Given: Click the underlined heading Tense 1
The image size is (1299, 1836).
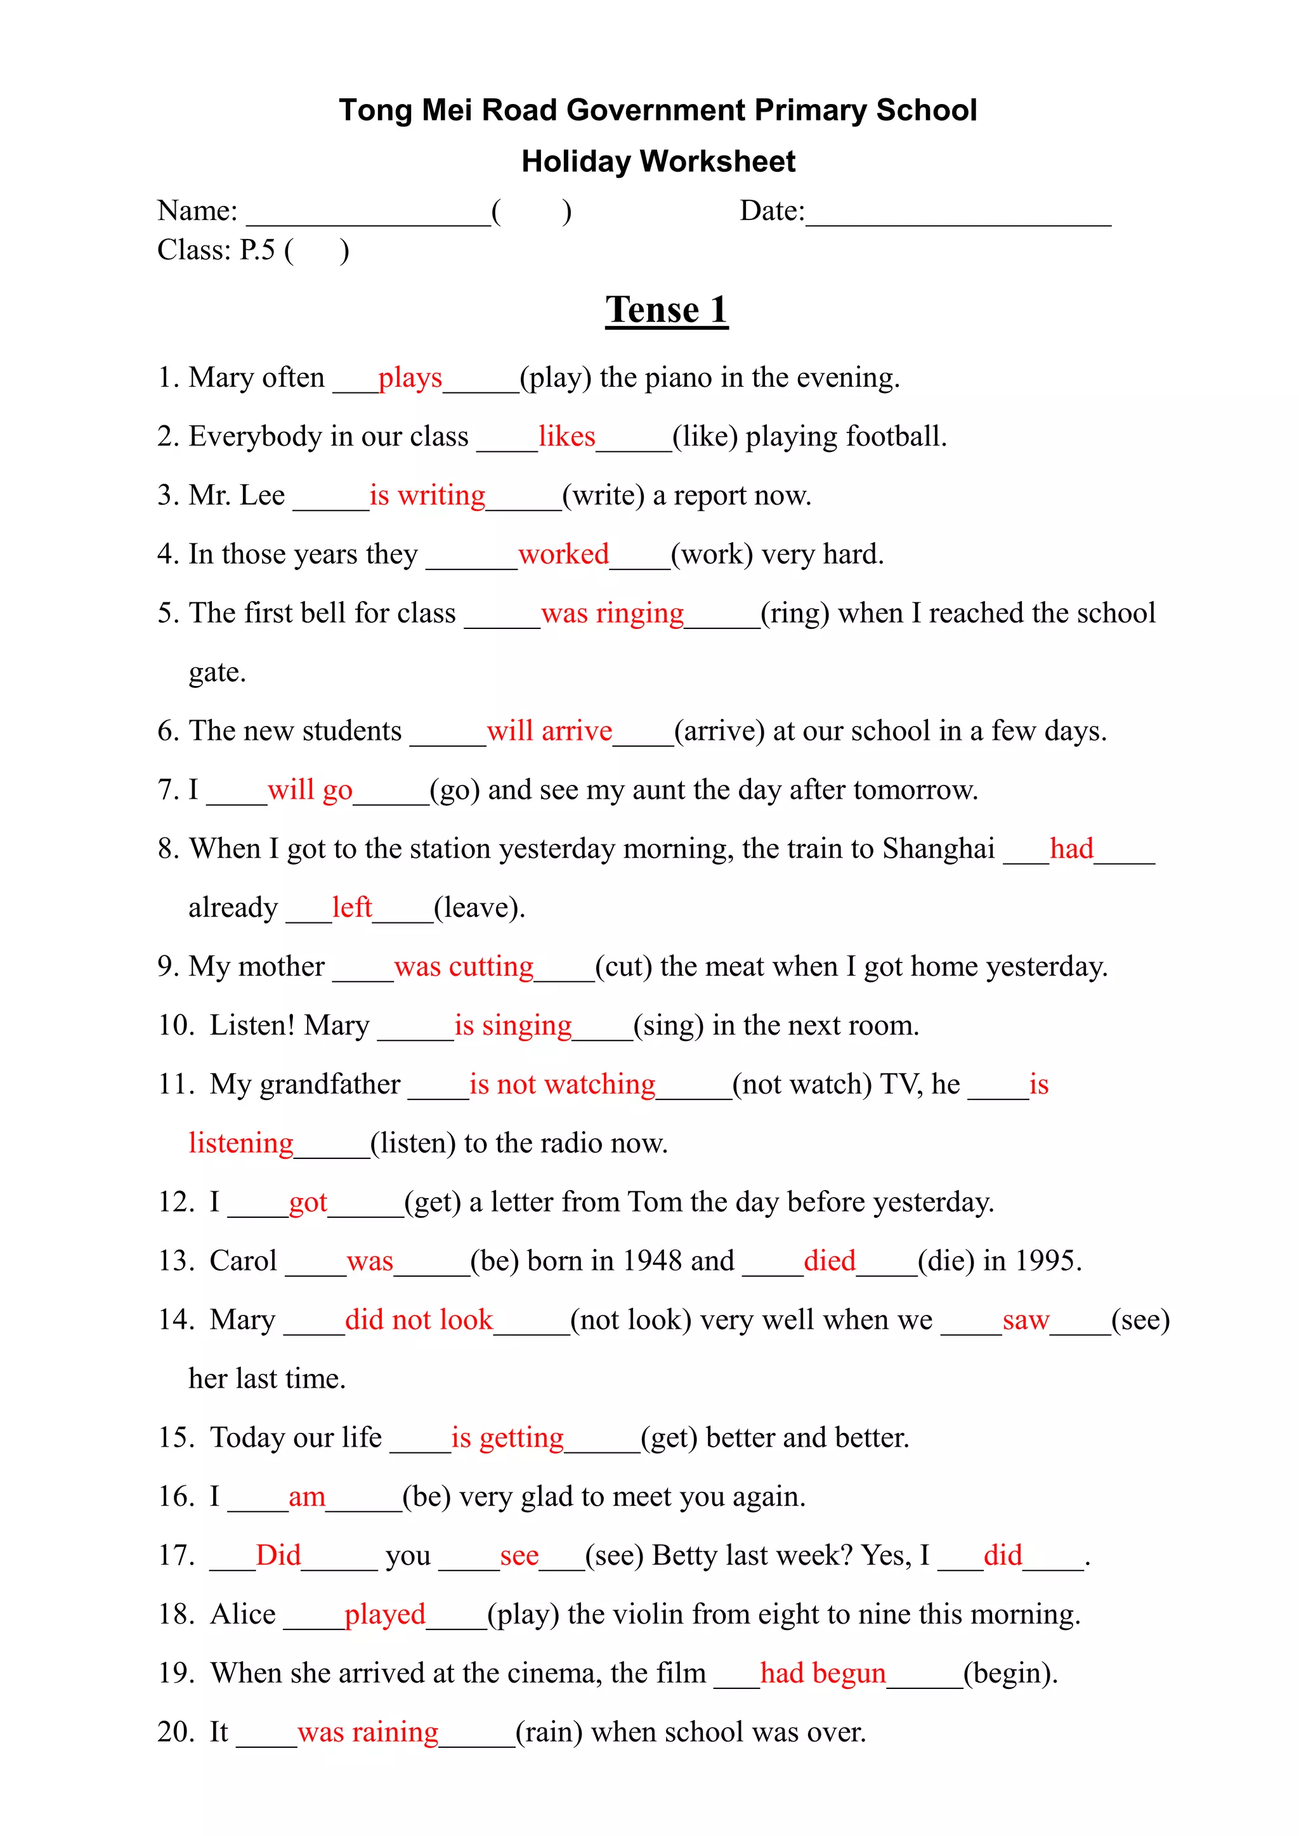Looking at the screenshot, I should pyautogui.click(x=666, y=310).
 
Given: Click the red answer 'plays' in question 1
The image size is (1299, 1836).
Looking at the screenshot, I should pyautogui.click(x=410, y=377).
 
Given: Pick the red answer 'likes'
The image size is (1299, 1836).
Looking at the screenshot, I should pyautogui.click(x=566, y=437).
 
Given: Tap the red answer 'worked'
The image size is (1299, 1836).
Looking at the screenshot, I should pyautogui.click(x=563, y=554).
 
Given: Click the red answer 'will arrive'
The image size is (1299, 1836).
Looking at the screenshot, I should pyautogui.click(x=549, y=731).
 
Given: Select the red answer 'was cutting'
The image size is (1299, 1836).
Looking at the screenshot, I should pyautogui.click(x=463, y=967).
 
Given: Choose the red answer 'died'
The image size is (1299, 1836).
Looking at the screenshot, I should pyautogui.click(x=830, y=1261).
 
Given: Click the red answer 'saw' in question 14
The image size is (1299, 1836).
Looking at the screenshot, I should pyautogui.click(x=1026, y=1320).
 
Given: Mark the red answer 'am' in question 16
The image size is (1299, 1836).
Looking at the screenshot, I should pyautogui.click(x=306, y=1497).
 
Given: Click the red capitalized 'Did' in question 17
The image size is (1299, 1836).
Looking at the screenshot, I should pyautogui.click(x=278, y=1555).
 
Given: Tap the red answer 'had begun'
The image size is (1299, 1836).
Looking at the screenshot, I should pyautogui.click(x=822, y=1673).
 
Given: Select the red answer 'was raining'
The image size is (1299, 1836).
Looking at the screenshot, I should pyautogui.click(x=368, y=1732).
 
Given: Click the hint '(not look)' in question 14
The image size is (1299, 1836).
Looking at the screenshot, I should pyautogui.click(x=630, y=1320).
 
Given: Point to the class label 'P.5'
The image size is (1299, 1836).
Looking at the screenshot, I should pyautogui.click(x=257, y=250).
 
